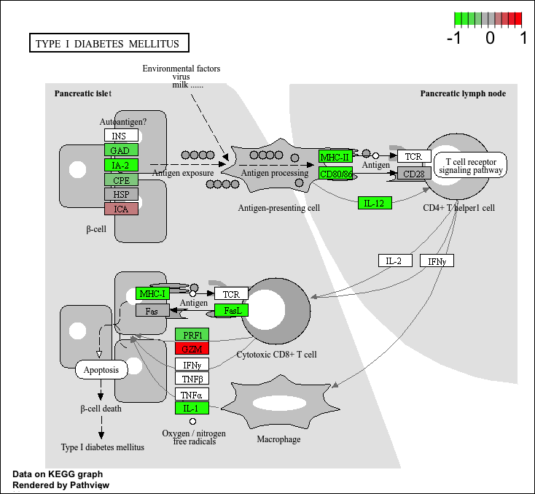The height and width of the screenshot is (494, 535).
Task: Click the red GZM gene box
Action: pyautogui.click(x=192, y=349)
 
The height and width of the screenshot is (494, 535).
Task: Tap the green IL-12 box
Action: pyautogui.click(x=375, y=203)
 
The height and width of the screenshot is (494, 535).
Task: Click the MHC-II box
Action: pyautogui.click(x=335, y=157)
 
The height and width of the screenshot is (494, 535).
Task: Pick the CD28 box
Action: pyautogui.click(x=414, y=174)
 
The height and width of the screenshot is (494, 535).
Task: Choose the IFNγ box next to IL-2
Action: pyautogui.click(x=437, y=260)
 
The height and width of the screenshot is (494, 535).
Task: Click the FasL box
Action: pyautogui.click(x=232, y=310)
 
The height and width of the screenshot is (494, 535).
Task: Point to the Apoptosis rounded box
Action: pyautogui.click(x=101, y=369)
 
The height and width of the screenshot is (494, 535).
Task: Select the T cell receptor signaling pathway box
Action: pyautogui.click(x=470, y=166)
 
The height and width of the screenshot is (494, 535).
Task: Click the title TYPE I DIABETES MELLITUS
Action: pyautogui.click(x=107, y=44)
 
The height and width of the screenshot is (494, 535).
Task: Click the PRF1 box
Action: pyautogui.click(x=192, y=334)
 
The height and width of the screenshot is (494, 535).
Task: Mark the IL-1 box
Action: pyautogui.click(x=192, y=408)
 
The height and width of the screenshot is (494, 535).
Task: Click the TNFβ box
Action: pyautogui.click(x=192, y=378)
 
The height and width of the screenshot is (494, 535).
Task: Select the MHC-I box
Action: pyautogui.click(x=153, y=294)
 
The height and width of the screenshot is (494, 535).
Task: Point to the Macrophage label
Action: pyautogui.click(x=278, y=439)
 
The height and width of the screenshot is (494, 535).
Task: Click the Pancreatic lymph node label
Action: pyautogui.click(x=463, y=93)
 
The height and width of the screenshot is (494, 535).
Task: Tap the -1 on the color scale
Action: pyautogui.click(x=456, y=38)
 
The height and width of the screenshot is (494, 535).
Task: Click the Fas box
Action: pyautogui.click(x=152, y=311)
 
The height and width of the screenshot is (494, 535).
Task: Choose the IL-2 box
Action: pyautogui.click(x=395, y=260)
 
